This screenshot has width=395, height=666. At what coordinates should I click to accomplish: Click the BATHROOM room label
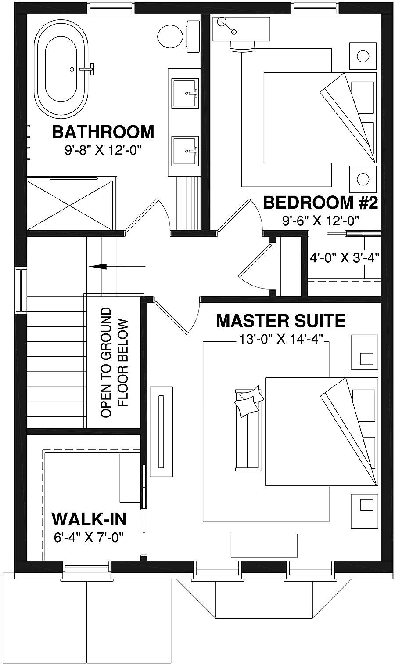coord(103,132)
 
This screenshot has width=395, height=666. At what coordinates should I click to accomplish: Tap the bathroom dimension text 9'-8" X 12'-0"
coord(104,151)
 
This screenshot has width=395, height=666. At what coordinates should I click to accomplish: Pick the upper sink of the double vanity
coord(185,93)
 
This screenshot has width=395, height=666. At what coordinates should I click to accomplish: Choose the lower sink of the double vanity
coord(185,151)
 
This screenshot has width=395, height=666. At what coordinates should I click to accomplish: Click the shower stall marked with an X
coord(71,203)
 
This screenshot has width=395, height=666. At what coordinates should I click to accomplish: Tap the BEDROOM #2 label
coord(320,203)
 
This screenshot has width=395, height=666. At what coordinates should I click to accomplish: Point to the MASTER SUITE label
coord(280,321)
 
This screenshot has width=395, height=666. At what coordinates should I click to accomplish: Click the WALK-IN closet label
coord(89,519)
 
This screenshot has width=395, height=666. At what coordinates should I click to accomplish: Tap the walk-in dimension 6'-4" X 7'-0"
coord(89,537)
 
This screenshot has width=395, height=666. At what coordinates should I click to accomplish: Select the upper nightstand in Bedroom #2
coord(363,56)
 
